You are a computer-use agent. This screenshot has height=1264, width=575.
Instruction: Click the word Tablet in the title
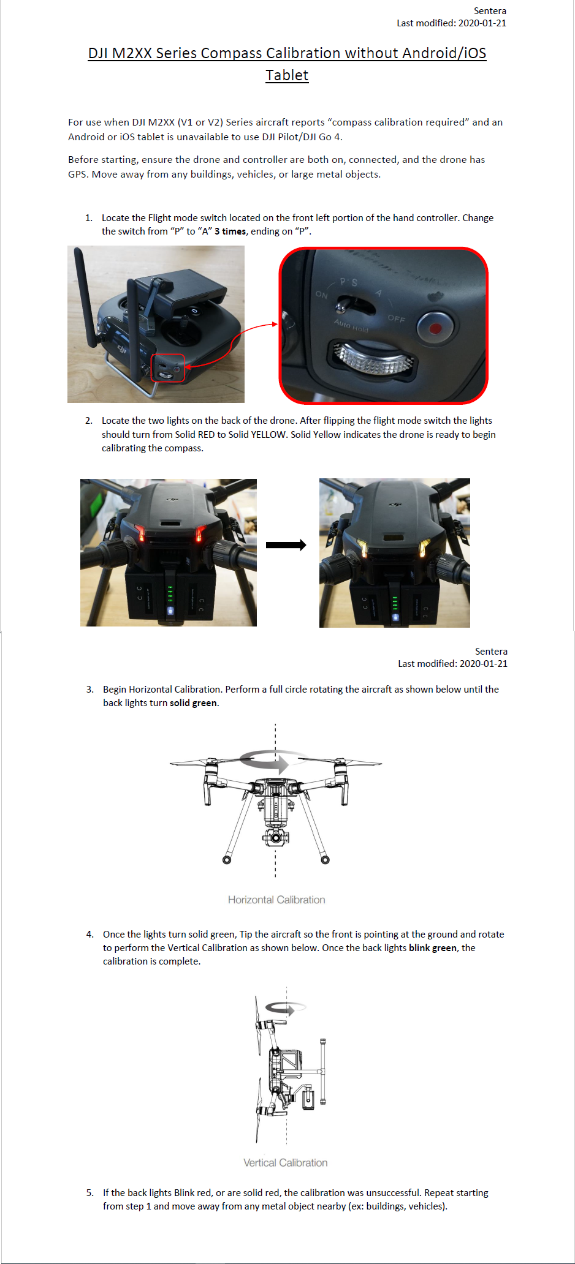[287, 75]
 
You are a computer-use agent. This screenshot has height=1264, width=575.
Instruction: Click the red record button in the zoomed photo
[436, 328]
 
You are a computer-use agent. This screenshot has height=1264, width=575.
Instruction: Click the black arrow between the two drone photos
[286, 545]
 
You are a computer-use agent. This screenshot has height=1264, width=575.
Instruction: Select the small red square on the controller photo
[168, 368]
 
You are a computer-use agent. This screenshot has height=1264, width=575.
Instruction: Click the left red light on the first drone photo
[141, 532]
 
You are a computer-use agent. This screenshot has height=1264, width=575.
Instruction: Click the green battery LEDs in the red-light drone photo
[170, 593]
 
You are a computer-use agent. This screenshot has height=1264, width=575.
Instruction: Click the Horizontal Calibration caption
[276, 900]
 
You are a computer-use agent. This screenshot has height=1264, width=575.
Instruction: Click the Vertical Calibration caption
[285, 1162]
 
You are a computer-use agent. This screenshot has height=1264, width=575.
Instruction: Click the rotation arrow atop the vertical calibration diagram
[285, 1007]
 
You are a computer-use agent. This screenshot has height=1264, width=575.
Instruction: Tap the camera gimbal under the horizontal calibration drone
[276, 836]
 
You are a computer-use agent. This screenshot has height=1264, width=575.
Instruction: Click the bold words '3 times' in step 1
[230, 231]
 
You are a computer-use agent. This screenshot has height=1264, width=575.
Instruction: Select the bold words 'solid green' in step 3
[193, 703]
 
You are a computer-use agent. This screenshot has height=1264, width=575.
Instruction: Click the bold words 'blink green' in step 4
[432, 948]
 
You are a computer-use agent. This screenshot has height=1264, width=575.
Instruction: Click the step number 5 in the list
[89, 1193]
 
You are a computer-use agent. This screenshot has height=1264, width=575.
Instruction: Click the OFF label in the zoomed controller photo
[397, 319]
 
